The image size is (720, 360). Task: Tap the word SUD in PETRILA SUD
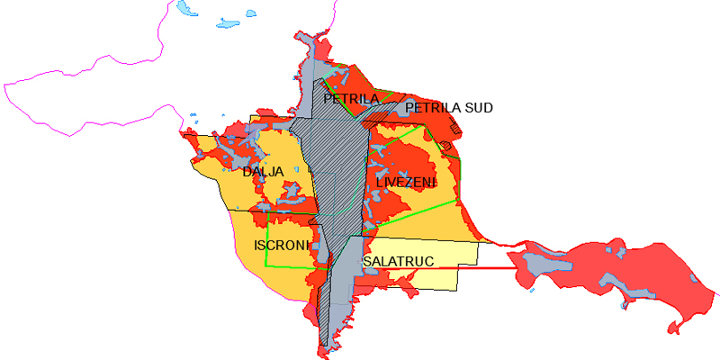pyautogui.click(x=476, y=108)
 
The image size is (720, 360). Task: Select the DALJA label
pyautogui.click(x=263, y=171)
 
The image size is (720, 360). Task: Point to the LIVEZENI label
pyautogui.click(x=406, y=183)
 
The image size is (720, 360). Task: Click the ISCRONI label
pyautogui.click(x=283, y=245)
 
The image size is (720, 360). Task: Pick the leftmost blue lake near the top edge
pyautogui.click(x=186, y=8)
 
